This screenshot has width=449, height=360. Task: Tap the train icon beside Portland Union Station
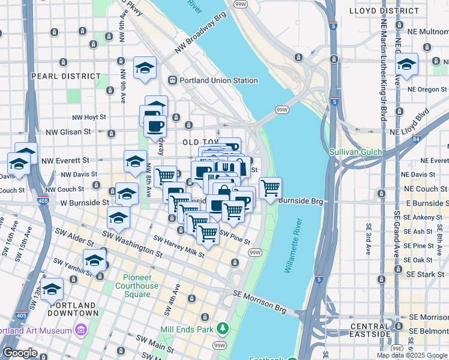(172, 80)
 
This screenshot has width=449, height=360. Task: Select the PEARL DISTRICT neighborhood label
(65, 76)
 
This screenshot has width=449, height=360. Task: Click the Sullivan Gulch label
(355, 152)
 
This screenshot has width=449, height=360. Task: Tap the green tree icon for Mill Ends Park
(223, 328)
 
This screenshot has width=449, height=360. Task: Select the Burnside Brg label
(301, 202)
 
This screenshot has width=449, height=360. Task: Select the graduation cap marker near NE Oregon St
(406, 65)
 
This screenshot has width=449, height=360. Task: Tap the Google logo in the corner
(20, 353)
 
